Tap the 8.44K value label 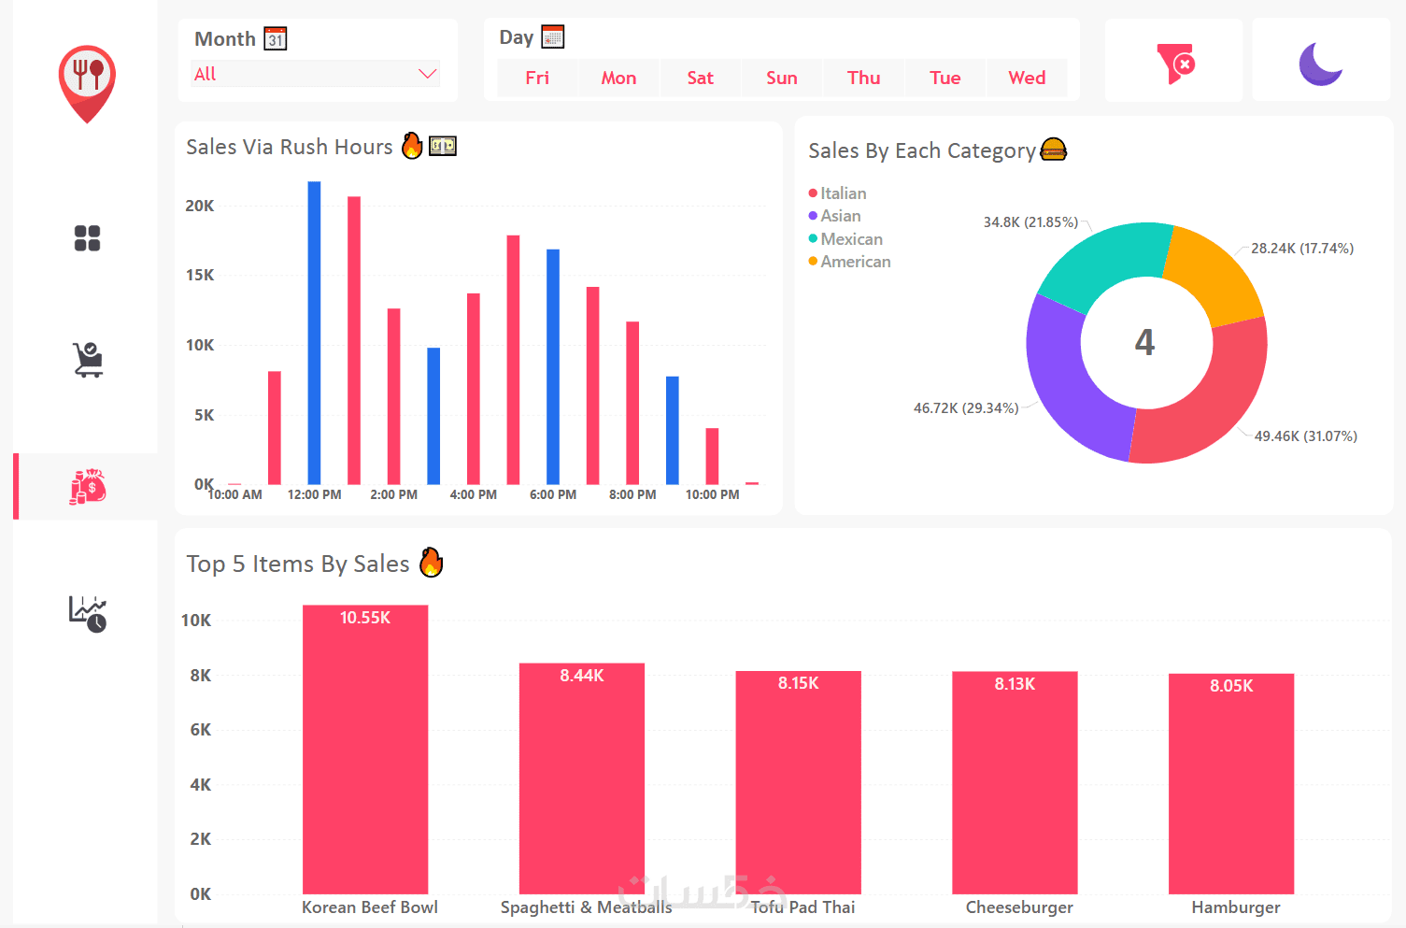582,676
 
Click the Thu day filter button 863,78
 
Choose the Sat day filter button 700,78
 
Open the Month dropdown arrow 428,74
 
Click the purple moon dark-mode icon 1320,64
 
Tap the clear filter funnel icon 1174,64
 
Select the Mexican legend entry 851,239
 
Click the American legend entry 855,262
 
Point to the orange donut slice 1215,272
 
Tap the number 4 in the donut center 1144,342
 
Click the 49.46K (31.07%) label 1305,436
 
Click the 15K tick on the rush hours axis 200,275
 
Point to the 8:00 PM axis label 632,494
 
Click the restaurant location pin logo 87,82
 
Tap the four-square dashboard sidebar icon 87,238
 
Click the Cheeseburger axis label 1019,907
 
